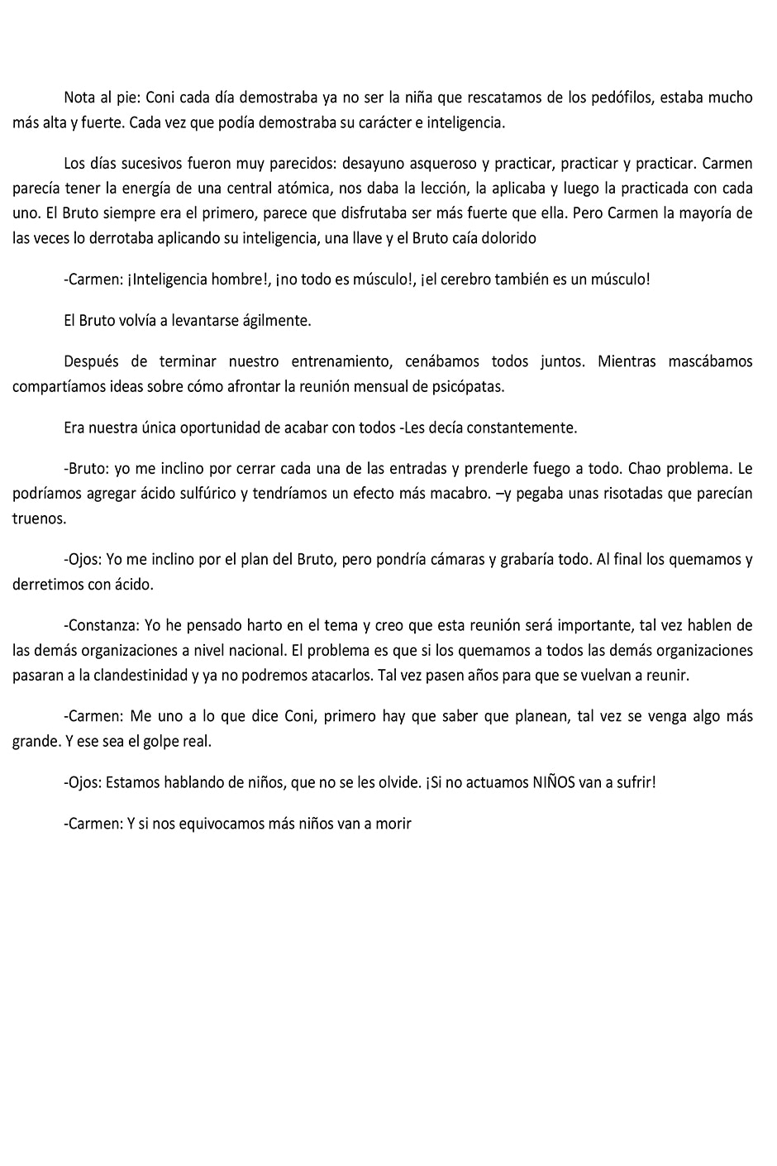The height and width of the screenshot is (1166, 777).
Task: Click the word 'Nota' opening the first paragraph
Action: point(80,98)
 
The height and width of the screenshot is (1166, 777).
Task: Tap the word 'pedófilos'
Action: point(622,98)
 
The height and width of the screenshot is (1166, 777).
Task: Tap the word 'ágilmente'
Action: point(276,321)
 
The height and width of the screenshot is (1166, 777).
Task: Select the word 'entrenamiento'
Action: point(339,361)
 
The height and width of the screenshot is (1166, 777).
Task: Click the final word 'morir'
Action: point(393,823)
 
